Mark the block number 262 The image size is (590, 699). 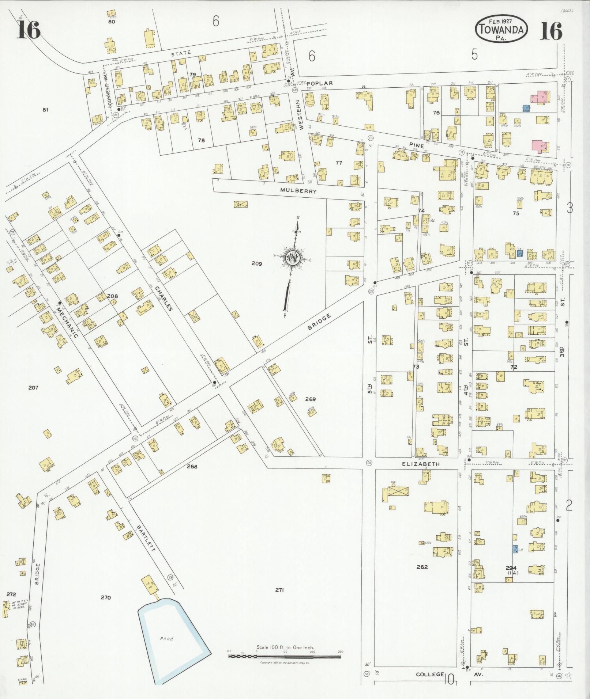(422, 567)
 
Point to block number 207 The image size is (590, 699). (33, 388)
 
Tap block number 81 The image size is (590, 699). (45, 109)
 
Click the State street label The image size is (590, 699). (181, 53)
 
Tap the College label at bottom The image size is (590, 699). (429, 674)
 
